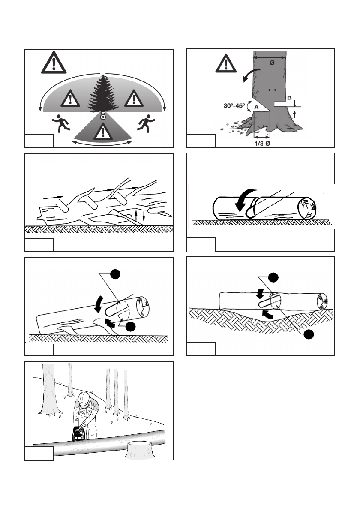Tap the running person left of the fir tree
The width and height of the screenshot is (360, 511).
point(61,123)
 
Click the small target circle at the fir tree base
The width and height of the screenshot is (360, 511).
point(102,116)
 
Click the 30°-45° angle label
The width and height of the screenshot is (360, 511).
point(234,105)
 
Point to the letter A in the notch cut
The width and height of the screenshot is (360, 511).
point(256,107)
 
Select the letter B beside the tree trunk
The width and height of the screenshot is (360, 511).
point(289,98)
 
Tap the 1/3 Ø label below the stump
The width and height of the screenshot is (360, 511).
point(262,143)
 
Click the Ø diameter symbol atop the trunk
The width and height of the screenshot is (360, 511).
point(272,63)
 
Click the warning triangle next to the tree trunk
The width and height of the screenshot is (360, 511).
point(226,63)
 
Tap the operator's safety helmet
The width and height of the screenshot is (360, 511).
point(84,397)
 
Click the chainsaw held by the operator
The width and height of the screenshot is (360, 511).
point(78,433)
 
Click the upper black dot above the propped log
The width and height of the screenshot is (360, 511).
point(115,274)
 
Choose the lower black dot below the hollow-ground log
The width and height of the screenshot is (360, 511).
point(309,334)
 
